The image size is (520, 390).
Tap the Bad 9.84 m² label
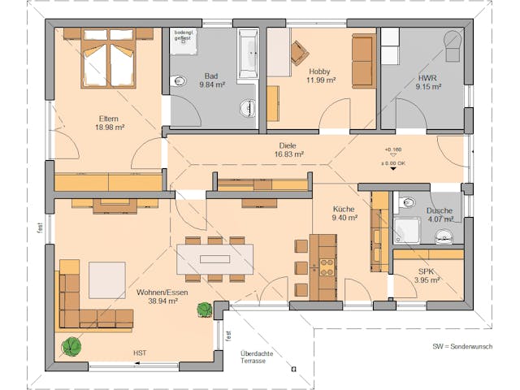211,79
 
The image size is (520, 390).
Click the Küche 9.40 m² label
344,213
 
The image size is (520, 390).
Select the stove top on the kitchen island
327,266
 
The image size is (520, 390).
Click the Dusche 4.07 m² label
439,214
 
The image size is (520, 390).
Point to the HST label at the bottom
141,353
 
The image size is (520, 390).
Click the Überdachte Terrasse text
253,357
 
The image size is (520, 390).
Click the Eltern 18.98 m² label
109,123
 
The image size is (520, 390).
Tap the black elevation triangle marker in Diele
393,170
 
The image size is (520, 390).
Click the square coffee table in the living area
107,279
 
